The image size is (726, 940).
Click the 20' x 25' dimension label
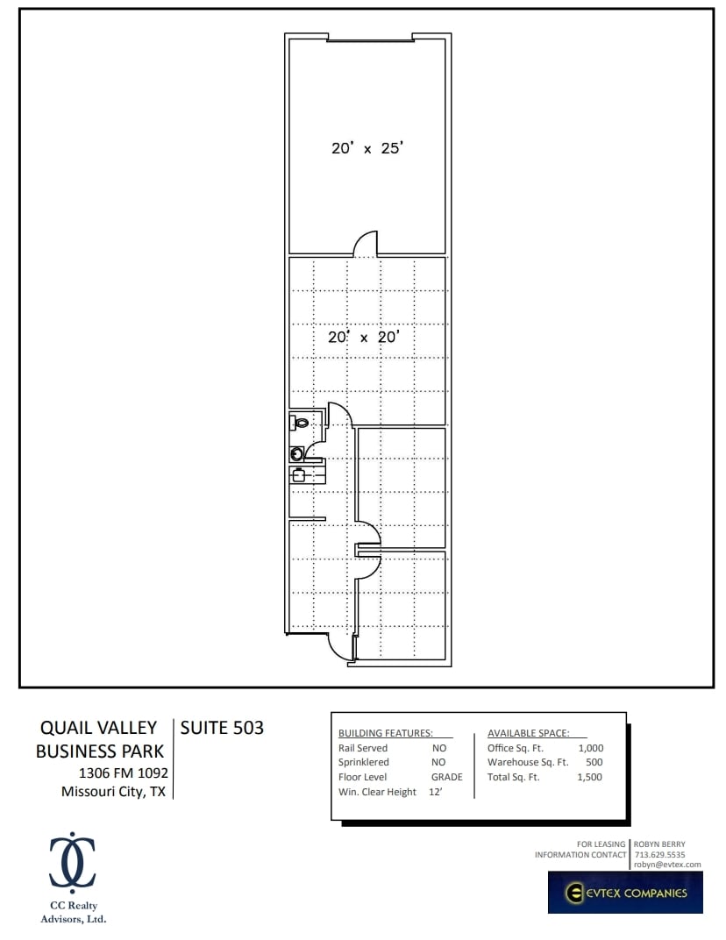[367, 148]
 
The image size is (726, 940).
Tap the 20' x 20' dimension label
[364, 337]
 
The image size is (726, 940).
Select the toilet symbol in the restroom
[300, 423]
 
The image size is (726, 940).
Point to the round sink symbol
[297, 453]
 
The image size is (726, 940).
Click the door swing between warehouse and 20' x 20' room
[365, 244]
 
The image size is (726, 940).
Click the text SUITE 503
[222, 728]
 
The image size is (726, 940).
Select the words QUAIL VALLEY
[98, 728]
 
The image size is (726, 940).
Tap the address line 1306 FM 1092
[123, 773]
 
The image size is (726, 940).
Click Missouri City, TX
[113, 792]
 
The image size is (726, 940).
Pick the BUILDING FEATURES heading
[386, 733]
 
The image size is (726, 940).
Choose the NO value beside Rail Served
[439, 748]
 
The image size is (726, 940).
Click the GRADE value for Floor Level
[446, 777]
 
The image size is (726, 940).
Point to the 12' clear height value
[435, 792]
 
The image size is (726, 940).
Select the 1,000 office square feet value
[590, 748]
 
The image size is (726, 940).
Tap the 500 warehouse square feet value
[594, 763]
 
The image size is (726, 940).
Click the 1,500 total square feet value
[590, 777]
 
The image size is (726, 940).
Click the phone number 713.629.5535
[659, 854]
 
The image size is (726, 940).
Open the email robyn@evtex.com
[667, 865]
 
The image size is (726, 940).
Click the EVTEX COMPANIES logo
[625, 893]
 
